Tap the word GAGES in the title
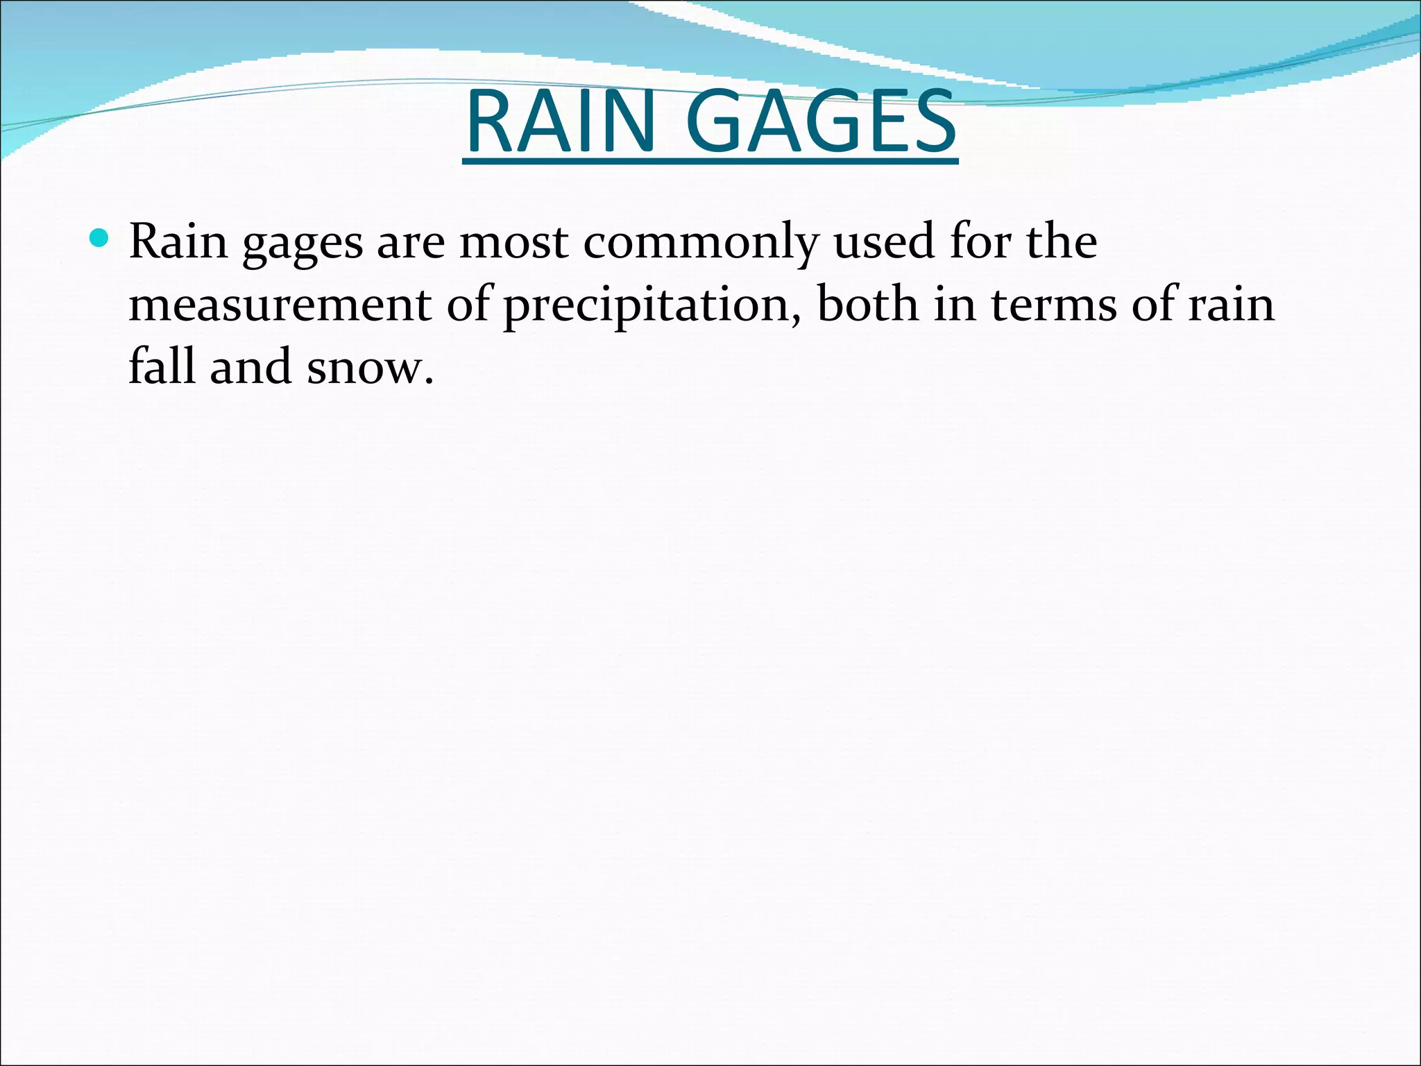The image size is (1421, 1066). pos(822,122)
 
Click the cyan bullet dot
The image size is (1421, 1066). pos(100,239)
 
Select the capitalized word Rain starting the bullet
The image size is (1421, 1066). pos(178,242)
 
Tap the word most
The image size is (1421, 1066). pos(513,243)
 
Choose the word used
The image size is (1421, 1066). pos(884,242)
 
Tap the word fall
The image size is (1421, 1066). pos(161,366)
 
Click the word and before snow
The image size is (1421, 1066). pos(250,366)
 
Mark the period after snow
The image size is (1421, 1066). pos(429,381)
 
